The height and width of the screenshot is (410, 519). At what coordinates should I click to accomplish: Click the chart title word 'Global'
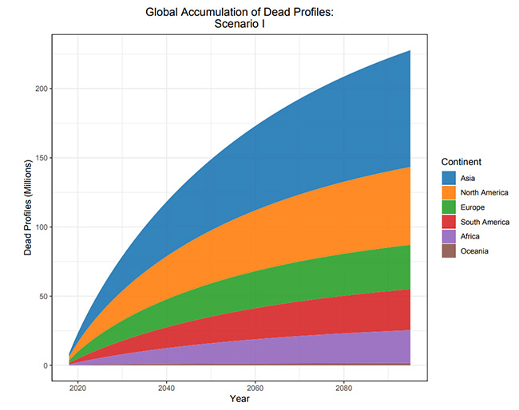(165, 12)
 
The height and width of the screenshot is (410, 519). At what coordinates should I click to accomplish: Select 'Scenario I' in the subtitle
(243, 26)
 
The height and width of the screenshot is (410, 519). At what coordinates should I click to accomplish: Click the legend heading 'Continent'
(460, 162)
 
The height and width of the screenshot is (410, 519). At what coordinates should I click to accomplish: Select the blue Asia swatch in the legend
(449, 178)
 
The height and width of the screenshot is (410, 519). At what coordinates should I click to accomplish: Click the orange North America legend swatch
(449, 192)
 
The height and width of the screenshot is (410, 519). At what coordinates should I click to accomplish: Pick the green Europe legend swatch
(449, 207)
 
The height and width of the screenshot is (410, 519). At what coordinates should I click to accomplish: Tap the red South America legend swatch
(449, 222)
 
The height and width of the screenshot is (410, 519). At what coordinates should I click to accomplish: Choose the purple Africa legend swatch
(449, 237)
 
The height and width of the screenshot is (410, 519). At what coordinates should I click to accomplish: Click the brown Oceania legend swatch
(449, 251)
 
